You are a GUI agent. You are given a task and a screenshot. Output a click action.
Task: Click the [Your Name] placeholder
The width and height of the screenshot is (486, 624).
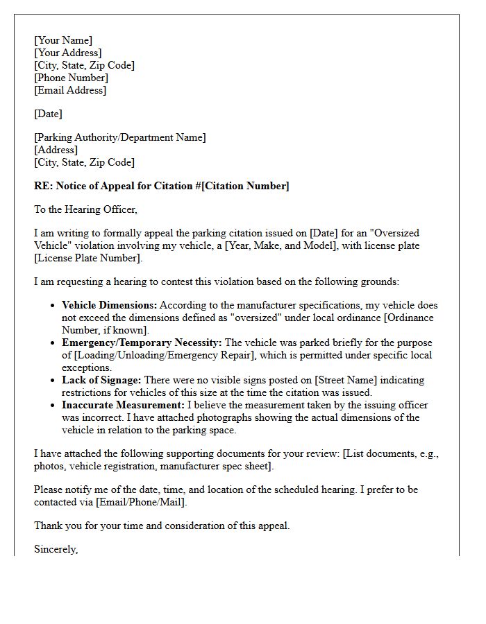point(63,40)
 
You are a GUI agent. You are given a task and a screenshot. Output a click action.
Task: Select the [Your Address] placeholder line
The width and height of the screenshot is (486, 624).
point(68,53)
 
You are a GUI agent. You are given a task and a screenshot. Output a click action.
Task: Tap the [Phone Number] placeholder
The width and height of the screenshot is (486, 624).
point(71,78)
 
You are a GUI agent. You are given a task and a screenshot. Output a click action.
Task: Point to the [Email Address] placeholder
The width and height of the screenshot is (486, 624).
point(70,90)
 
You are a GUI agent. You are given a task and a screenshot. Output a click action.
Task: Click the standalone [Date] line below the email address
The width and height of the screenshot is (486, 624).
point(48,114)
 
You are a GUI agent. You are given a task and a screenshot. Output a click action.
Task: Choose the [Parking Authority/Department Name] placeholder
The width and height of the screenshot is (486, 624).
point(120,137)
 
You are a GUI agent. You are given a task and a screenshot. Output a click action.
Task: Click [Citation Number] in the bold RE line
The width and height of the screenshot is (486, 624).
point(245,186)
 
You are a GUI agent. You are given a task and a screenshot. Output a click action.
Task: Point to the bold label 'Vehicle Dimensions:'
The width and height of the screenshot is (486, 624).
point(110,305)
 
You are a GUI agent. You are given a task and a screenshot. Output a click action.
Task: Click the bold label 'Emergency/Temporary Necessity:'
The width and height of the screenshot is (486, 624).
point(142,343)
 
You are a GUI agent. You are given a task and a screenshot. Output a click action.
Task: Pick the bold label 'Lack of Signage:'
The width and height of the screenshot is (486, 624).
point(101,380)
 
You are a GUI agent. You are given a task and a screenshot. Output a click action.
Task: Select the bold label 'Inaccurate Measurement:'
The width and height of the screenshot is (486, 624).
point(123,405)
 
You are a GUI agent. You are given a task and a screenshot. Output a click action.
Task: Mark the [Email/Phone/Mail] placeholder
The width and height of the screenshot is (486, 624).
point(141,502)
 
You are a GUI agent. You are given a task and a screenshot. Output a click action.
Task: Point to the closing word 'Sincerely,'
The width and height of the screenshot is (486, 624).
point(56,549)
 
